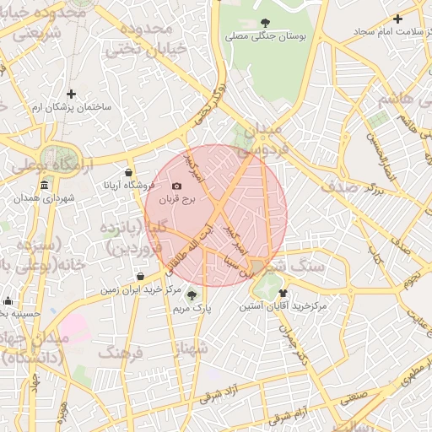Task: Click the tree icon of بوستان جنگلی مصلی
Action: (266, 23)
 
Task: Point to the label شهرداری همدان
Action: (44, 198)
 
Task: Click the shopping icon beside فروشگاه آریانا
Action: (127, 172)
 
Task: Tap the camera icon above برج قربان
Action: (175, 186)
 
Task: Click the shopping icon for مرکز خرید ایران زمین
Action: (140, 276)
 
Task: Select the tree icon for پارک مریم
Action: (192, 294)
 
